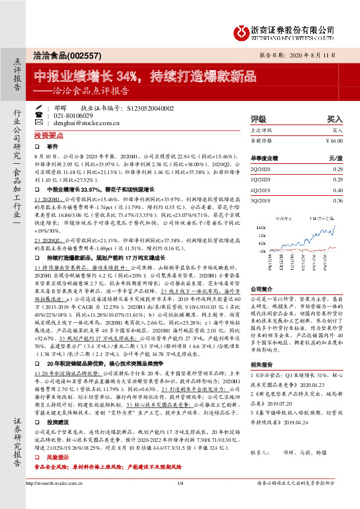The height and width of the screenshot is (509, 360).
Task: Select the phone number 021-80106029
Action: pyautogui.click(x=73, y=115)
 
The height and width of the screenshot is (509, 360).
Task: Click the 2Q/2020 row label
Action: pyautogui.click(x=261, y=169)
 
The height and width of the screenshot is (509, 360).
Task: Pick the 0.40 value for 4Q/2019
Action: pyautogui.click(x=338, y=190)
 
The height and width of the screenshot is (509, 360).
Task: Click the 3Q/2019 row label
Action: pyautogui.click(x=261, y=200)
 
